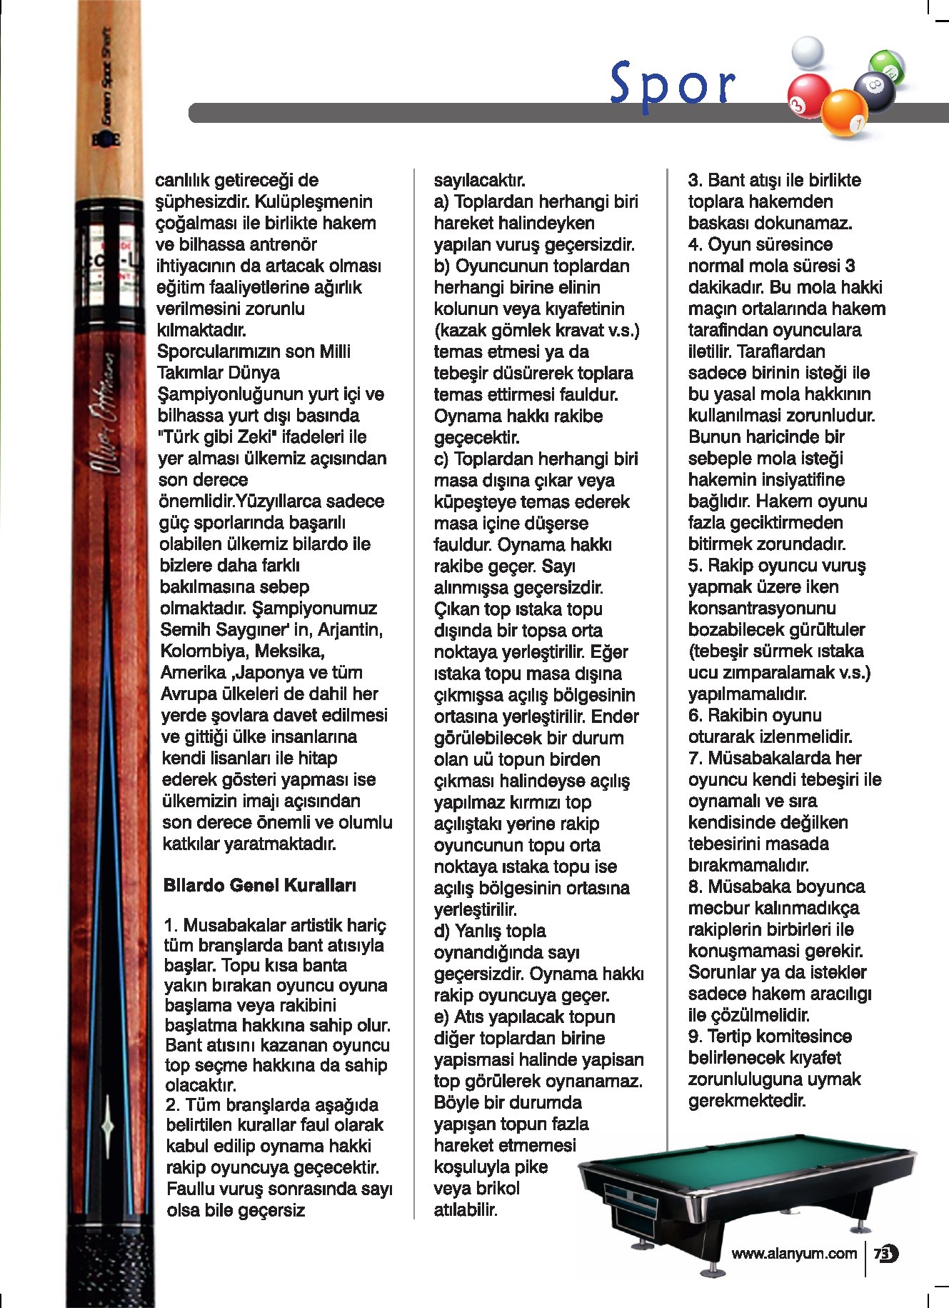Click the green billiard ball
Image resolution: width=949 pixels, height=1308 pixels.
[x=888, y=67]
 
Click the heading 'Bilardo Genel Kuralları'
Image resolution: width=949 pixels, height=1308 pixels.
[x=260, y=885]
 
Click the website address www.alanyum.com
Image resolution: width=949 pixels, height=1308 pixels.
[x=793, y=1253]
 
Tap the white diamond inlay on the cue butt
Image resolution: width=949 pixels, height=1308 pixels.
[x=108, y=1125]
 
